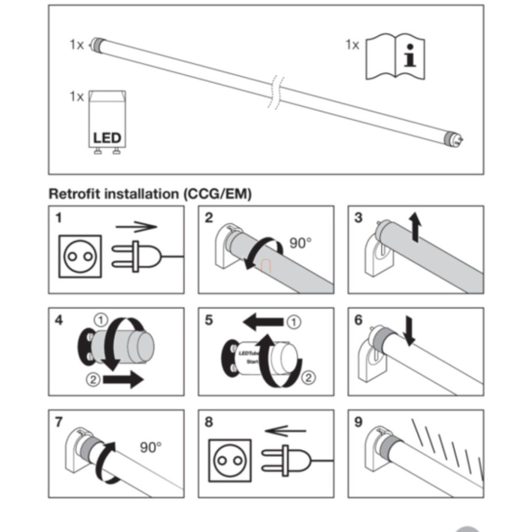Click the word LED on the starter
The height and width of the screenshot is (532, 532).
point(107,139)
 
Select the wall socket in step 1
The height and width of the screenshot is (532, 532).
point(78,256)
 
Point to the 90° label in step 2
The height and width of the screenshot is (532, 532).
point(300,243)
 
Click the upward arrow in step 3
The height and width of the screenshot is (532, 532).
point(416,226)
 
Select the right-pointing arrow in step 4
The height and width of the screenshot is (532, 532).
point(122,379)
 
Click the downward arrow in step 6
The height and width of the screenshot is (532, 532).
point(409,331)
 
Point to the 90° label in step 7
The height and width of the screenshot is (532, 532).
point(151,448)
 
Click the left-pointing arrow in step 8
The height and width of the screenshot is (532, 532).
point(285,431)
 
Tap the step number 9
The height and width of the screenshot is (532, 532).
point(359,422)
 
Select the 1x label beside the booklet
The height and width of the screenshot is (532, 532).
point(352,45)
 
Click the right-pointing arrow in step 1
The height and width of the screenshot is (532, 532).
point(136,227)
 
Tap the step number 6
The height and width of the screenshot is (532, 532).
point(359,320)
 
